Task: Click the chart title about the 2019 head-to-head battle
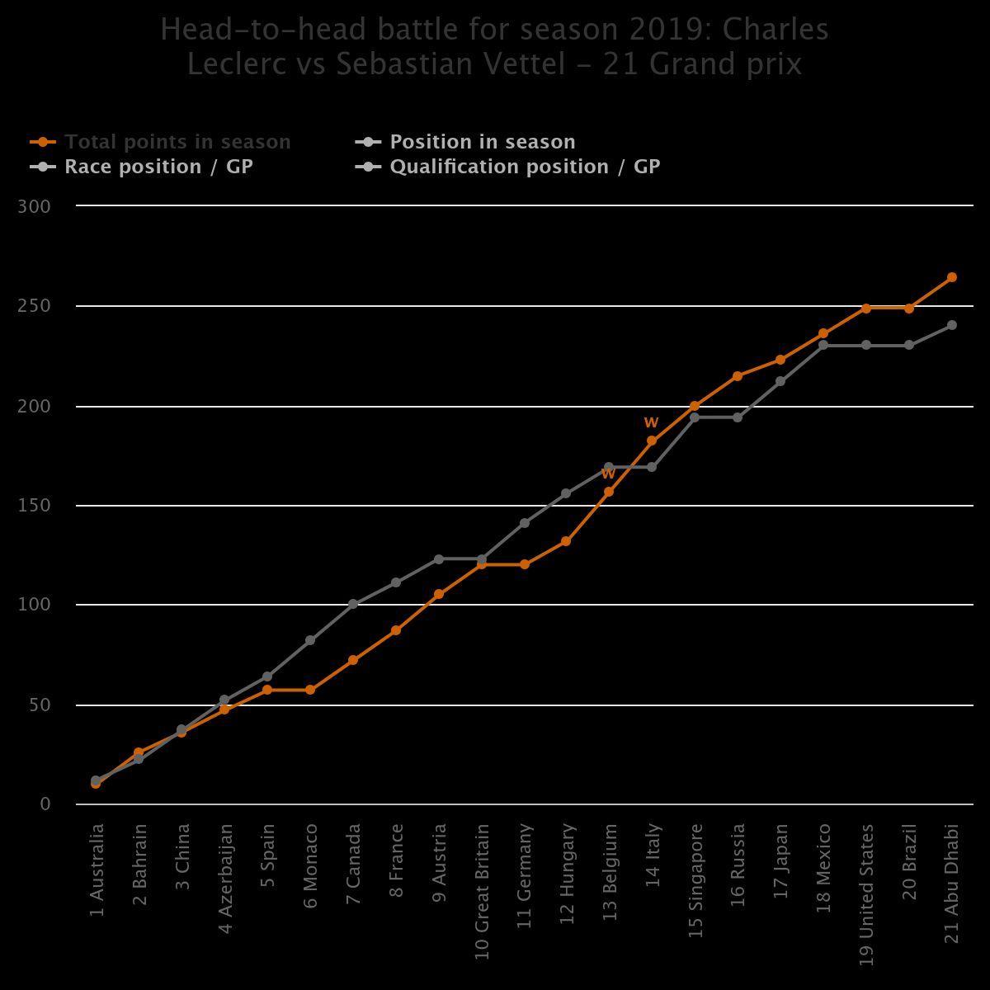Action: [x=495, y=46]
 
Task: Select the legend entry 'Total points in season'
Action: [x=177, y=142]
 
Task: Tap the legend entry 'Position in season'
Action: [x=482, y=142]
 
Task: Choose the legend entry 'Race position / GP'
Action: [x=158, y=167]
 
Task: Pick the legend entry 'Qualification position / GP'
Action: [x=525, y=167]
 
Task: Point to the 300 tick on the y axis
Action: [x=34, y=206]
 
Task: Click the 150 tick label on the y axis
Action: [x=34, y=506]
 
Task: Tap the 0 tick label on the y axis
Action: [x=45, y=804]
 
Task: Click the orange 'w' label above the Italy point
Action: [x=651, y=422]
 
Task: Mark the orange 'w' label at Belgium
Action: [x=608, y=474]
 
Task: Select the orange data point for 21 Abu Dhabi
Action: [x=951, y=277]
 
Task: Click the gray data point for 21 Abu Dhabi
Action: [x=951, y=325]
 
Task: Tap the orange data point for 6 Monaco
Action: [x=310, y=690]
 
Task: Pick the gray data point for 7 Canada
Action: [x=353, y=604]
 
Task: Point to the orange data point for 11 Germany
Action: [x=525, y=564]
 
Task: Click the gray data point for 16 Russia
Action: [x=738, y=417]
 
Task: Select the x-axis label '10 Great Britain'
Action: [x=482, y=891]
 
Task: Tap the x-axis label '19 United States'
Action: [x=866, y=893]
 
